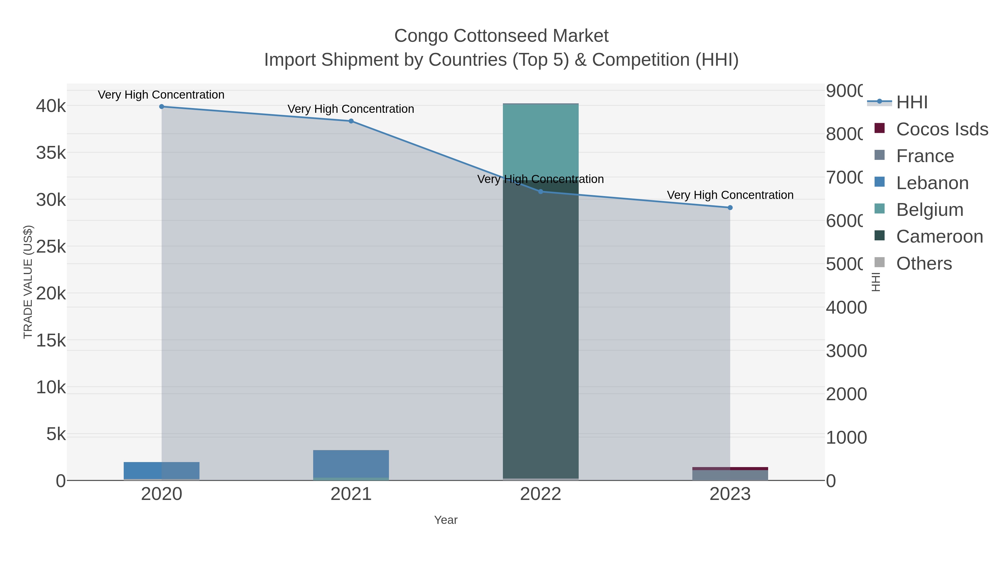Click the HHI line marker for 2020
pyautogui.click(x=162, y=107)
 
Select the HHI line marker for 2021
pyautogui.click(x=351, y=121)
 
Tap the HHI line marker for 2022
pyautogui.click(x=541, y=192)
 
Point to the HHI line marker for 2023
pyautogui.click(x=730, y=208)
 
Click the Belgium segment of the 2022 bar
pyautogui.click(x=541, y=140)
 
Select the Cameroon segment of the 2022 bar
pyautogui.click(x=541, y=331)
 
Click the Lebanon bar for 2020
pyautogui.click(x=162, y=471)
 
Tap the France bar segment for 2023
pyautogui.click(x=730, y=475)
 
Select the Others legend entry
pyautogui.click(x=924, y=263)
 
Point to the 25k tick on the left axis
pyautogui.click(x=51, y=247)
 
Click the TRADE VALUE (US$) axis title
pyautogui.click(x=28, y=282)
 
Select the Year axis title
pyautogui.click(x=445, y=520)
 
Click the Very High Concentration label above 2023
pyautogui.click(x=730, y=195)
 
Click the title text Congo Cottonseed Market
pyautogui.click(x=501, y=36)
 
